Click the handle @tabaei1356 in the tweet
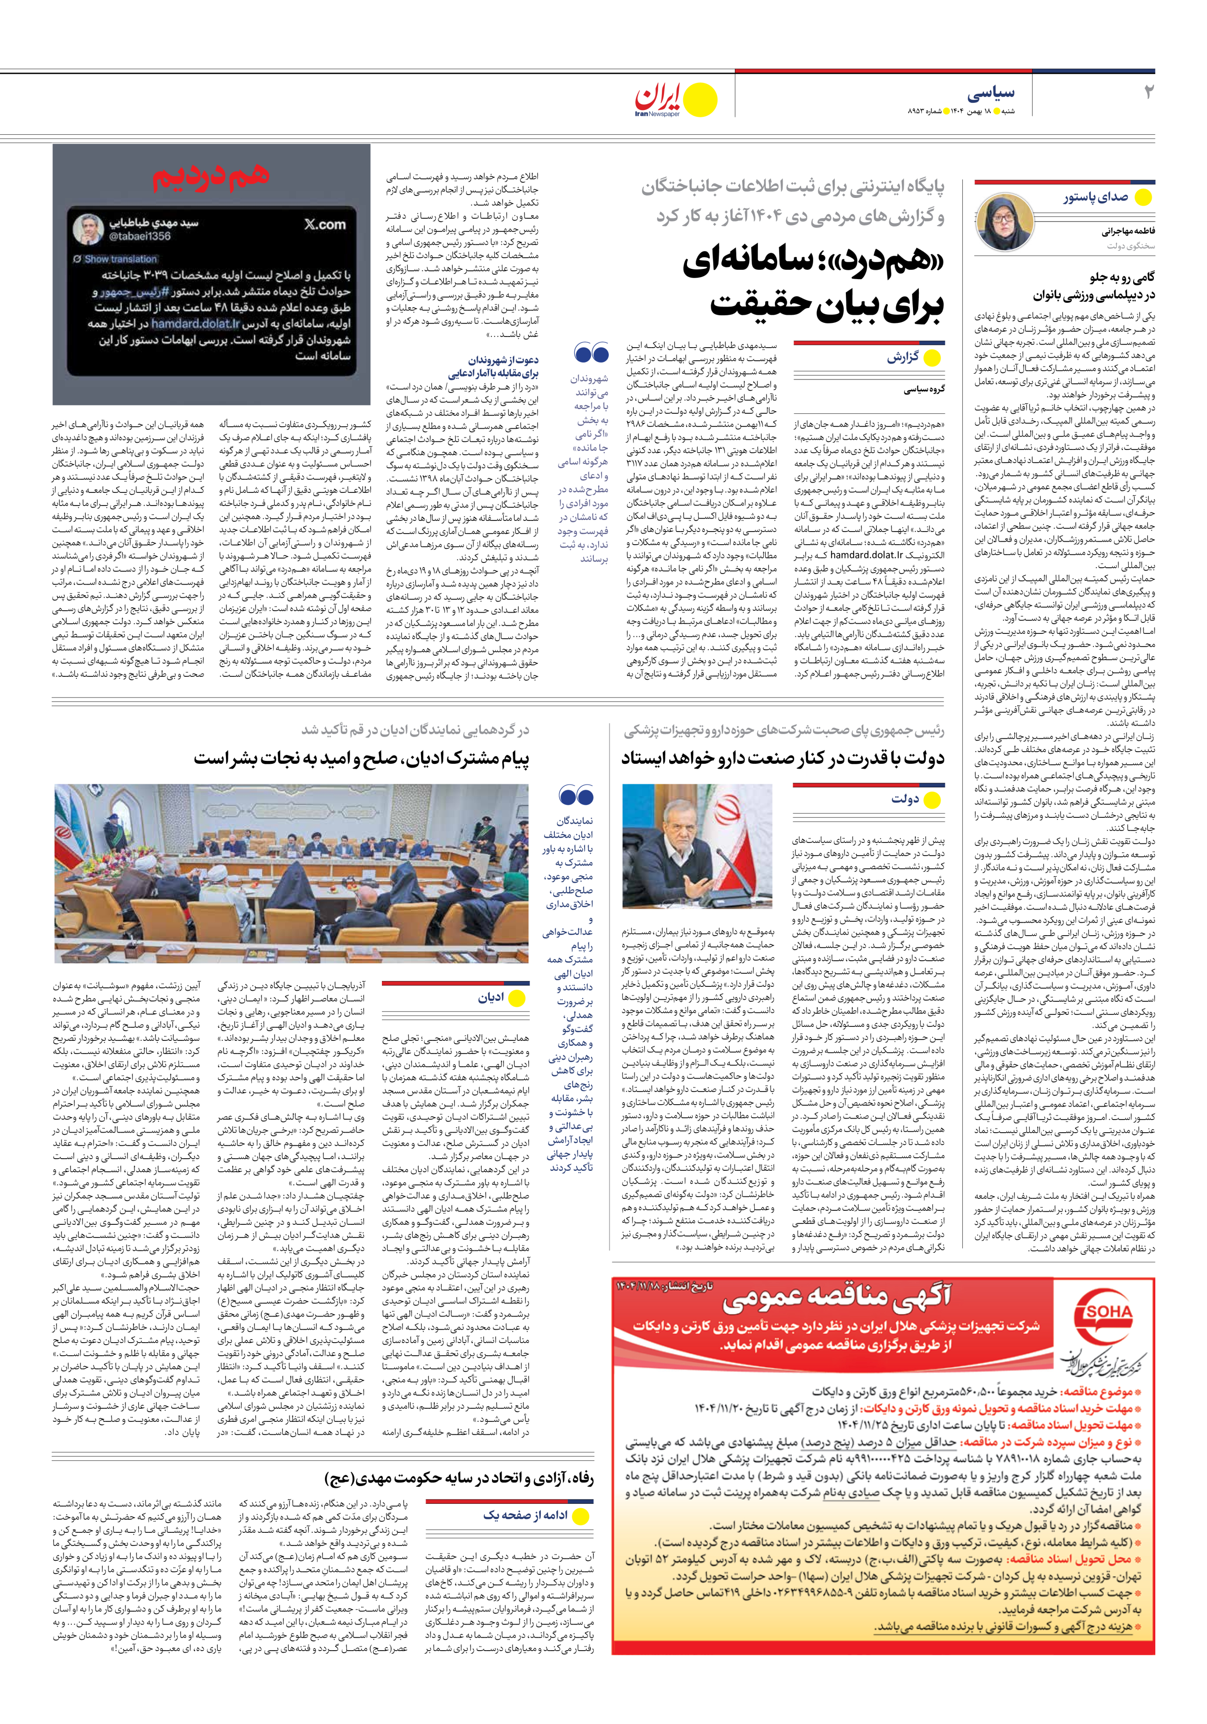click(140, 236)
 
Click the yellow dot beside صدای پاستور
click(1143, 198)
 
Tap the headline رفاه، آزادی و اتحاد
click(459, 1478)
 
